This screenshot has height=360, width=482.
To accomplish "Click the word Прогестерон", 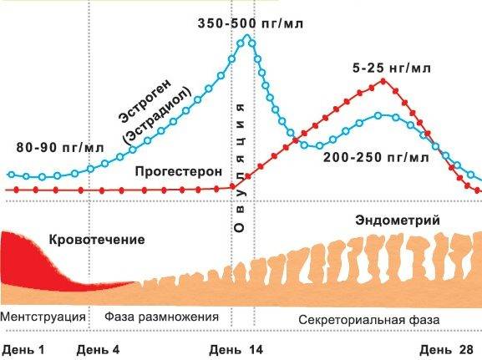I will point(179,170).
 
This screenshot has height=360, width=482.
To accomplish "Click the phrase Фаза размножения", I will point(162,317).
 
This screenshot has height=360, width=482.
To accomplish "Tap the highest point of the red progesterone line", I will point(383,80).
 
